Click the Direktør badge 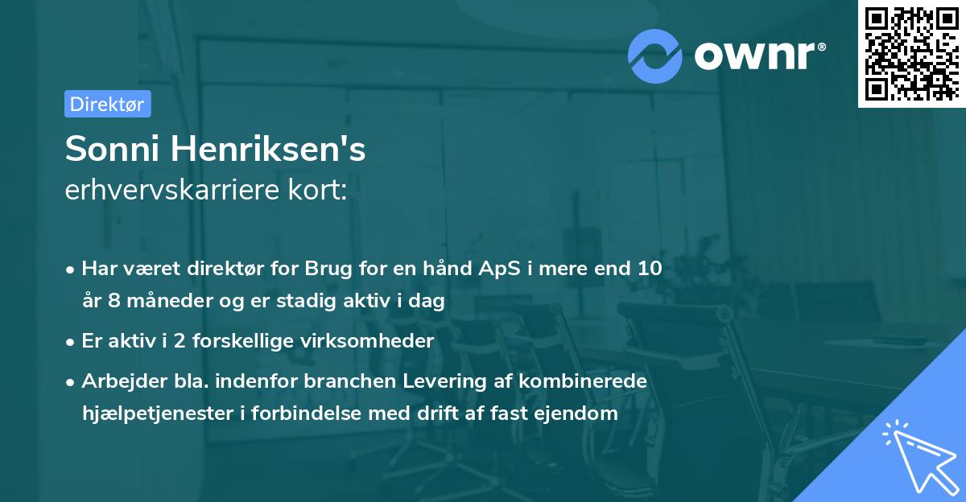[x=107, y=104]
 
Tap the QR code [x=910, y=53]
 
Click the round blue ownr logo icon [x=656, y=55]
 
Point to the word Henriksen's [x=270, y=149]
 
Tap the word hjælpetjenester [x=144, y=414]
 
